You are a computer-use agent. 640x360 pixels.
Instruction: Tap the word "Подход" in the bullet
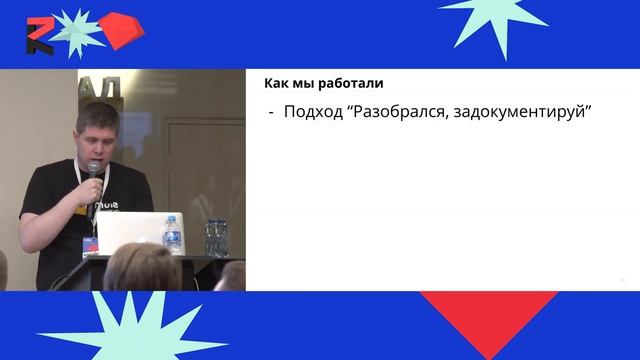311,114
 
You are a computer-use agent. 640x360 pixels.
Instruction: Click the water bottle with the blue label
173,235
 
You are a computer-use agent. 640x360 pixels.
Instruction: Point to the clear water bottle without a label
215,238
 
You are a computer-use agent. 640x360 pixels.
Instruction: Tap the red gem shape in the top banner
119,32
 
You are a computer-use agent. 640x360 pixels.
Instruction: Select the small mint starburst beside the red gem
76,30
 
